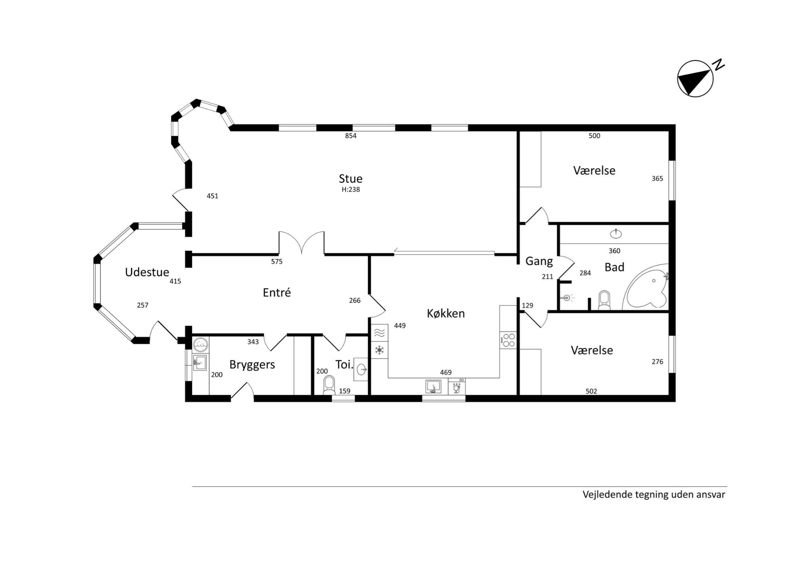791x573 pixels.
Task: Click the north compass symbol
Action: [x=695, y=78]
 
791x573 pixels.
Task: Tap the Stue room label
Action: [x=350, y=178]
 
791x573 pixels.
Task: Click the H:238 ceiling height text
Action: [x=351, y=190]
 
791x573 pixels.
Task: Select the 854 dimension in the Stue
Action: [x=351, y=136]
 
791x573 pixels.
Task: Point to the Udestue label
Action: [x=147, y=272]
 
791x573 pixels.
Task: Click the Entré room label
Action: [x=277, y=293]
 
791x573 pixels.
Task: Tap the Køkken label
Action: [x=446, y=313]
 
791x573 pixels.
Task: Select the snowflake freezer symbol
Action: [x=379, y=350]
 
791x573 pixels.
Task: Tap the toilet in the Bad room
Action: [x=604, y=301]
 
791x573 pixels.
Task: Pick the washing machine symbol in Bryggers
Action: [x=201, y=344]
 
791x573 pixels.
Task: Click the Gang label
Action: [x=539, y=261]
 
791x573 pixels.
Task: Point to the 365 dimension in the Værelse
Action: [x=657, y=179]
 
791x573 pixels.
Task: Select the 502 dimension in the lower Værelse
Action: [x=591, y=391]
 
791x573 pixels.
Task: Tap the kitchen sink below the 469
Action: [x=433, y=386]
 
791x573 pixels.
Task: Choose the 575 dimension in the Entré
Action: [x=277, y=262]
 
